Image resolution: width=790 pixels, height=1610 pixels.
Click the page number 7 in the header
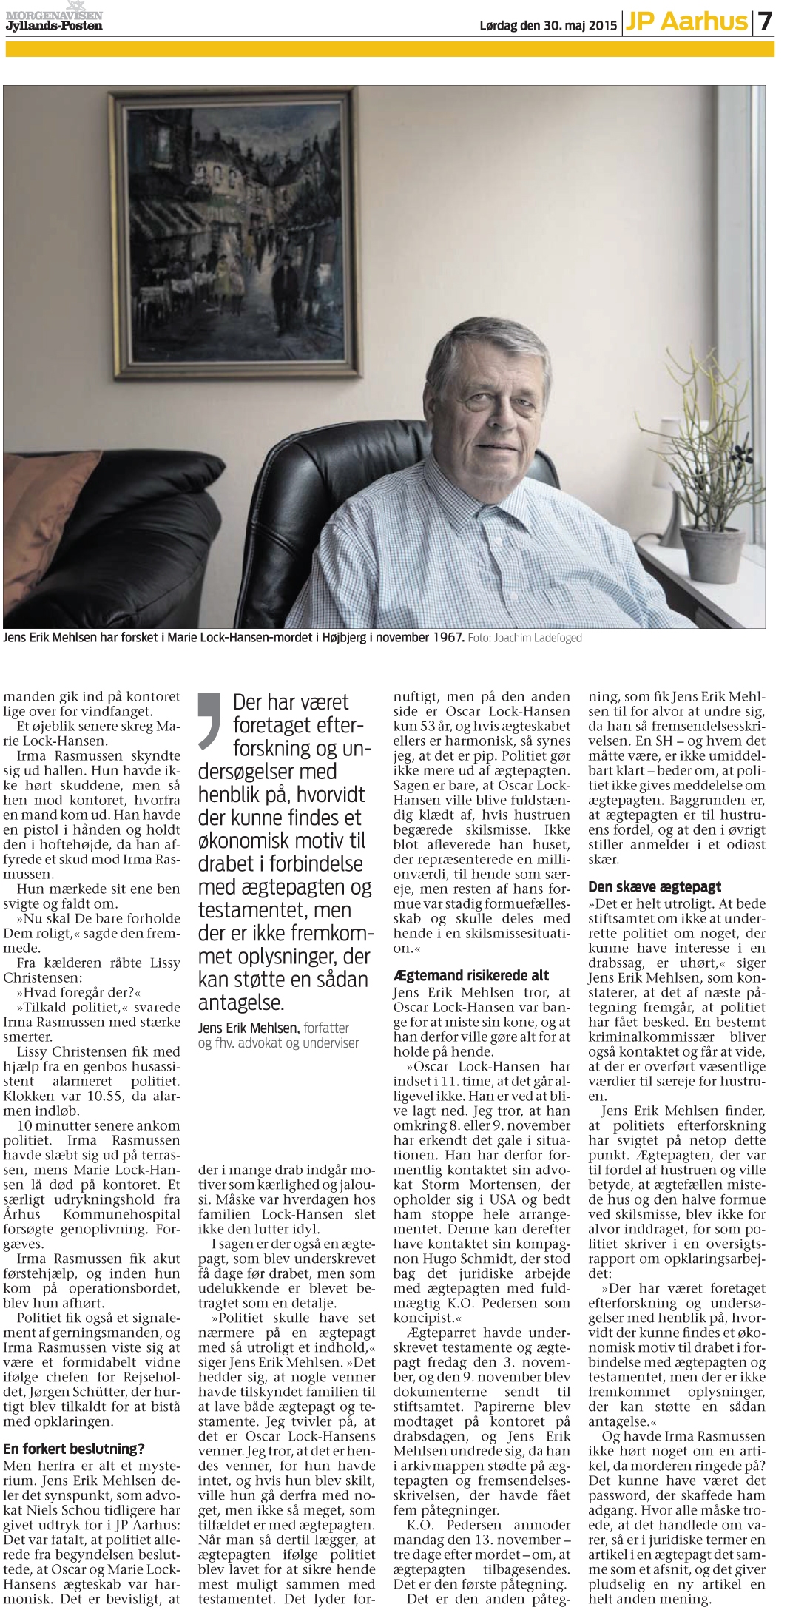point(765,22)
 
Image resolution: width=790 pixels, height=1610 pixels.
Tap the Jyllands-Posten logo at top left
point(53,21)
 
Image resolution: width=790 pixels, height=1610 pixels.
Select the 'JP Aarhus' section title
point(686,22)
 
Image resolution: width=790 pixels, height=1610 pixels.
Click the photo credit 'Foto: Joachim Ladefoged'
point(524,638)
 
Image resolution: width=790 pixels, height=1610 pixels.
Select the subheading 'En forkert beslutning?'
point(74,1449)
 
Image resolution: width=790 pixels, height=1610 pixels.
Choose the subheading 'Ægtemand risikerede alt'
point(471,975)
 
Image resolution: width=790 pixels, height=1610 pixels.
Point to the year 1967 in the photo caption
point(444,638)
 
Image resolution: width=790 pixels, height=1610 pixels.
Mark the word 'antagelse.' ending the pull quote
point(241,1003)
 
